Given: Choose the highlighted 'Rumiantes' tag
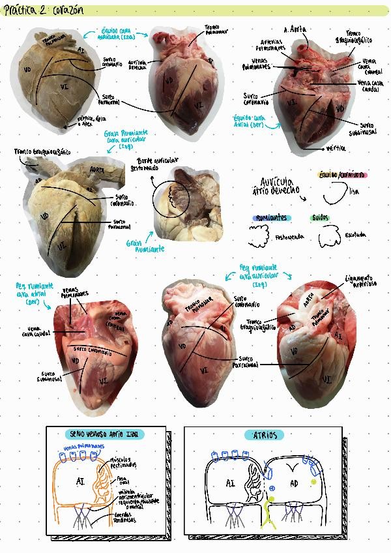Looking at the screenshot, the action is (x=271, y=218).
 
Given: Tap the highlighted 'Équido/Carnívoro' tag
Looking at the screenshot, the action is (x=341, y=175).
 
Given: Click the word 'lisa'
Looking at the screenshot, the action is (x=354, y=192).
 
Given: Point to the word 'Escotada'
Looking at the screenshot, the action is (x=356, y=235).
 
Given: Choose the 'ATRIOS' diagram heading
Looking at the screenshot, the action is (x=264, y=434).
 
